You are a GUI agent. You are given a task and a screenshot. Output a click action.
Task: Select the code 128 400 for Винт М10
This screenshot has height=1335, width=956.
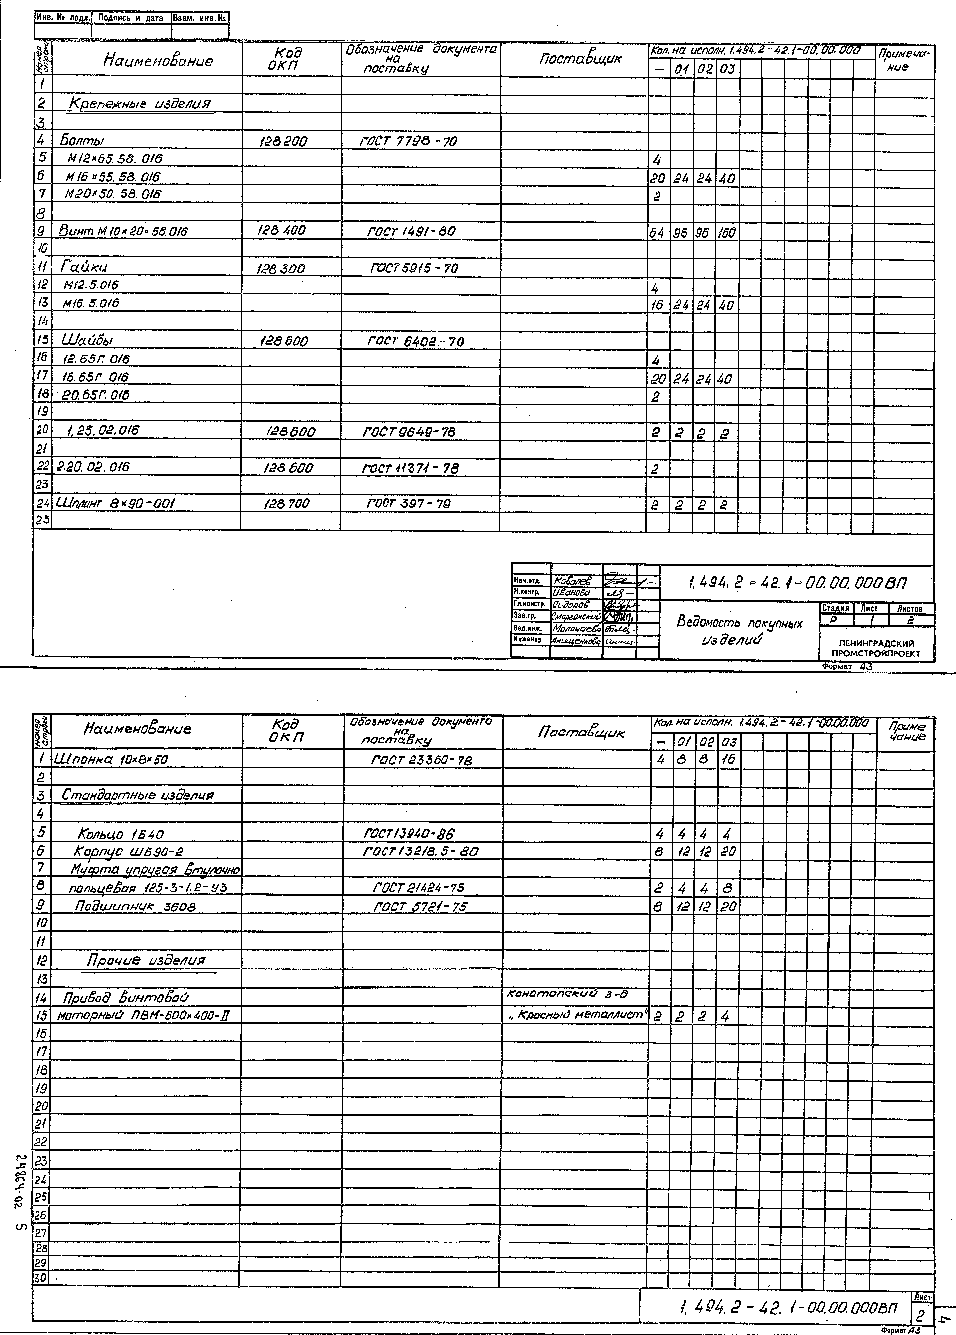click(281, 231)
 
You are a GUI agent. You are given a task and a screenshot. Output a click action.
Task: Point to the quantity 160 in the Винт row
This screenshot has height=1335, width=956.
click(727, 233)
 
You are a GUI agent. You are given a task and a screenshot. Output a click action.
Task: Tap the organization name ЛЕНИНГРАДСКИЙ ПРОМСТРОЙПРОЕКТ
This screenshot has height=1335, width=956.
click(876, 649)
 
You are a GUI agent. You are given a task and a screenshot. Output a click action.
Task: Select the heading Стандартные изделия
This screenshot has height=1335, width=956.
click(138, 795)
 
